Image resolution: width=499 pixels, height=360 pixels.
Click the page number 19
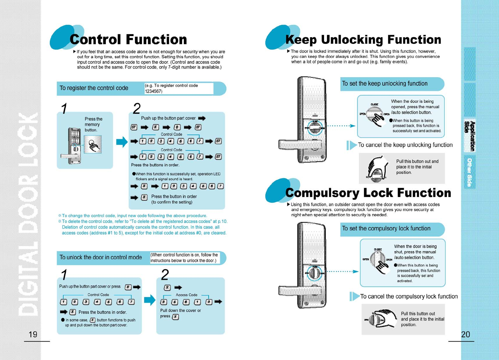click(33, 334)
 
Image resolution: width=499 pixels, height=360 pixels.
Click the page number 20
click(465, 334)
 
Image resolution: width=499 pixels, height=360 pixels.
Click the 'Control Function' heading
click(128, 39)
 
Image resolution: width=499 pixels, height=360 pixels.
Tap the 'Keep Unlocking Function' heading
click(363, 40)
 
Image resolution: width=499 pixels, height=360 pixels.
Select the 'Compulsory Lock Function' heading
click(368, 193)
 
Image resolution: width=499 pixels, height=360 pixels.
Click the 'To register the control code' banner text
click(94, 88)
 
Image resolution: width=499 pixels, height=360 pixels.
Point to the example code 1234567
click(154, 91)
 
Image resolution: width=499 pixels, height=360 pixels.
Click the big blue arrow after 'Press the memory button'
click(122, 142)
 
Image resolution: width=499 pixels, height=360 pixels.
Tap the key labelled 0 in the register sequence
click(177, 127)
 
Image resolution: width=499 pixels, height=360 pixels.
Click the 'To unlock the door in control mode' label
click(101, 257)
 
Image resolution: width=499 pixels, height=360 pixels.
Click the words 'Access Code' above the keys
click(187, 295)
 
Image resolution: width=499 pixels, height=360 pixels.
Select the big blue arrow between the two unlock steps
click(150, 300)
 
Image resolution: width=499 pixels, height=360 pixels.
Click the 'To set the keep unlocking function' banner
click(385, 84)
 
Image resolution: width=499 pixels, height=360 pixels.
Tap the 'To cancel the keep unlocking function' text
click(405, 145)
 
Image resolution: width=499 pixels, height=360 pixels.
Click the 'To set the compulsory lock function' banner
click(386, 229)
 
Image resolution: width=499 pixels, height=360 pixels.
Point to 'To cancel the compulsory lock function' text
click(409, 296)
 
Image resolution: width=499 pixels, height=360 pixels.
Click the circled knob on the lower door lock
click(315, 273)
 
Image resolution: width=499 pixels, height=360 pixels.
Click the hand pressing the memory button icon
click(93, 145)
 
